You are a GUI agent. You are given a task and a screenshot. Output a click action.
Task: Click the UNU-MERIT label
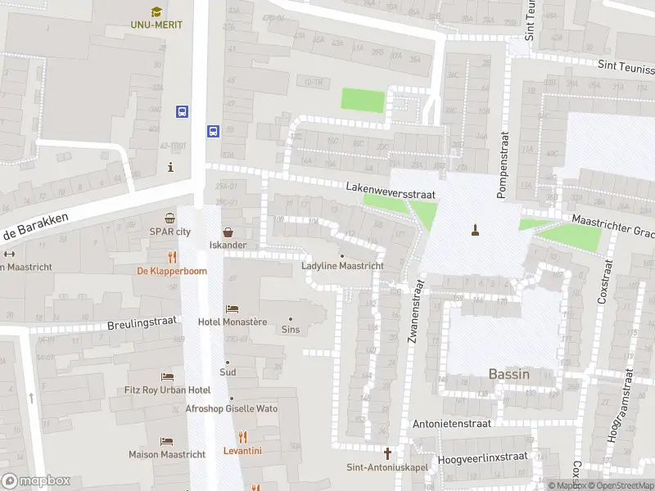coord(156,25)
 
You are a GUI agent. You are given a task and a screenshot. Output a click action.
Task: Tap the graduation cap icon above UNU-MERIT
coord(156,9)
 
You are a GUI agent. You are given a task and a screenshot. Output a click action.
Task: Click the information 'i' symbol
coord(170,167)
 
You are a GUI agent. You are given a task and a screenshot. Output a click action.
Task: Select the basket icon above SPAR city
coord(169,218)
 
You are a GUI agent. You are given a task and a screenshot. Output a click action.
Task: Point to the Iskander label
coord(228,245)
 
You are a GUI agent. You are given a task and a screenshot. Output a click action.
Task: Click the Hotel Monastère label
coord(233,322)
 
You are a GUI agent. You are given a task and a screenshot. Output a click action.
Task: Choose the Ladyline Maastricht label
coord(342,266)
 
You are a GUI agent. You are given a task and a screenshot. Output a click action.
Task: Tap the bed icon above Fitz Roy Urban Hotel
coord(168,376)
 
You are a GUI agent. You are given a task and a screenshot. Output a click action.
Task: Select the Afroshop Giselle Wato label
coord(232,408)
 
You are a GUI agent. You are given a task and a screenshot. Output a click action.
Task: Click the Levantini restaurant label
coord(242,451)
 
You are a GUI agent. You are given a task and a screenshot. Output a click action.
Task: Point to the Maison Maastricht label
coord(160,454)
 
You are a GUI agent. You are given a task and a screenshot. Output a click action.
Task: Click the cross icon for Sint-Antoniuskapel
coord(388,453)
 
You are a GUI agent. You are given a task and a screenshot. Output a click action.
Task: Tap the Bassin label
coord(508,374)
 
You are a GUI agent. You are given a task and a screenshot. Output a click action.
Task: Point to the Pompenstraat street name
coord(503,165)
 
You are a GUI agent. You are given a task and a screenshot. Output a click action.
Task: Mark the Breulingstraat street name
coord(142,324)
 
